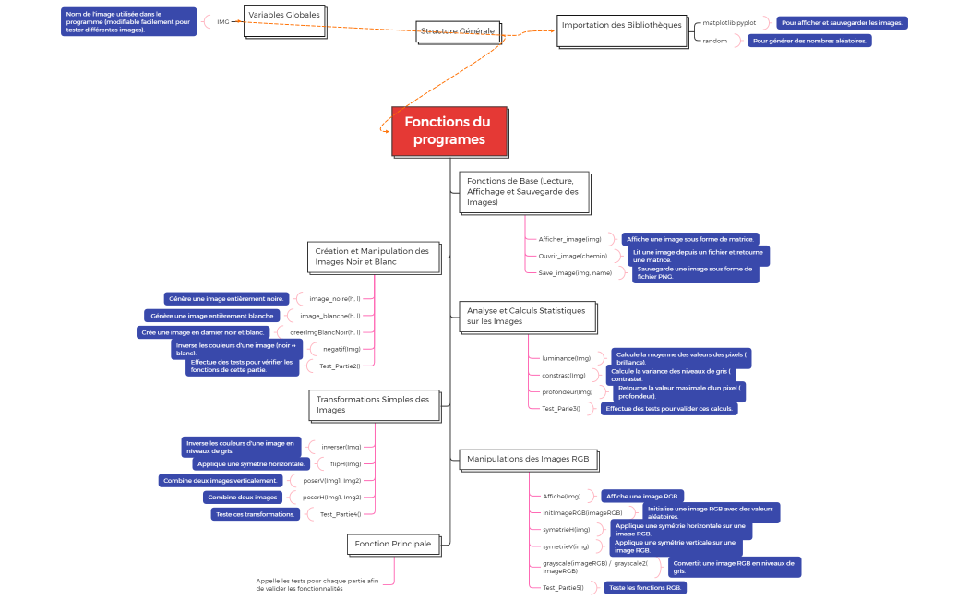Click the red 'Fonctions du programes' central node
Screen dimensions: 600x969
449,130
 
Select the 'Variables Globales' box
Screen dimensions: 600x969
284,16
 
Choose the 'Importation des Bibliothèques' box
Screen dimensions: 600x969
621,26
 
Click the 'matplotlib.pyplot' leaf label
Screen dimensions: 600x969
729,22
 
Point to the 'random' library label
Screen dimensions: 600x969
715,41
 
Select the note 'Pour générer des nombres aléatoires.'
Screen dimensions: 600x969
809,41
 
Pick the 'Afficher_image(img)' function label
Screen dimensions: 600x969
569,239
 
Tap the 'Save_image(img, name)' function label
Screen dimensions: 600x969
575,273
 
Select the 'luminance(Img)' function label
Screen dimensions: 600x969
567,358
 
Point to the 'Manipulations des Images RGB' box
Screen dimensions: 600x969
529,459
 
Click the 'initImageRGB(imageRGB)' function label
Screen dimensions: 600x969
582,512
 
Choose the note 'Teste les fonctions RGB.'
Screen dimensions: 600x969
646,588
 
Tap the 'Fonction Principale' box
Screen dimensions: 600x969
392,545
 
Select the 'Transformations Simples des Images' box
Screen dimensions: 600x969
373,405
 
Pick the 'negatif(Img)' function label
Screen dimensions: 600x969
341,349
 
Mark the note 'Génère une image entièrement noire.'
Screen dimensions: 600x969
226,299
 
